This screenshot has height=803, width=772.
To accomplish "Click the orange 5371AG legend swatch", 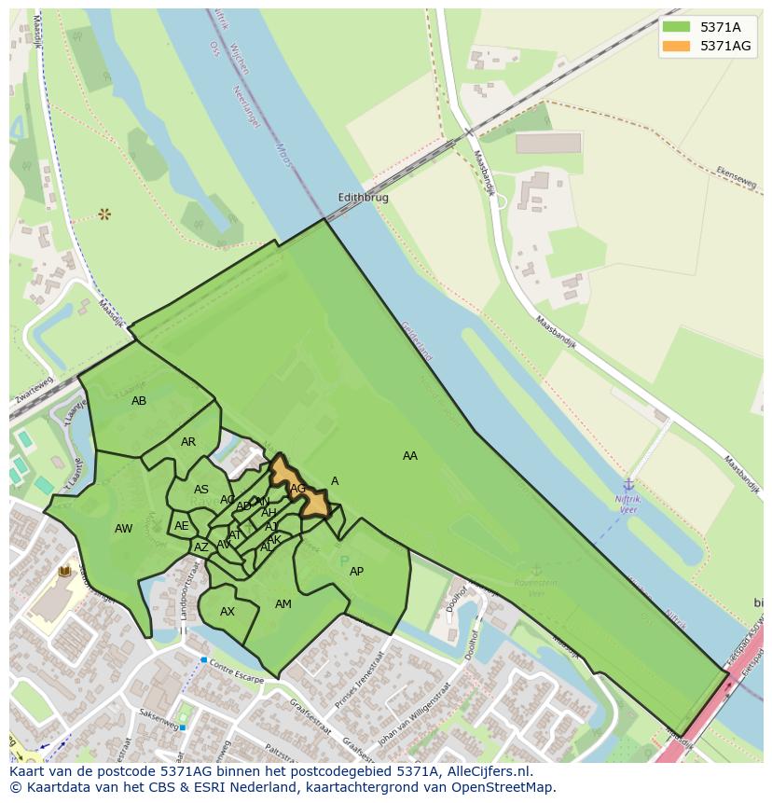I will pos(676,46).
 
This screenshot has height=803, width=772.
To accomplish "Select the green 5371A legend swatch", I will pos(676,27).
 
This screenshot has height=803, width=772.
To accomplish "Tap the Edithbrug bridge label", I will pos(363,198).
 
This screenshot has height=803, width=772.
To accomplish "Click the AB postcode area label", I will pos(139,401).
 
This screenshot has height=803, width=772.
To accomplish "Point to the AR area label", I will pos(188,442).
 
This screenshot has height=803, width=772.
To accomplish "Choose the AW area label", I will pos(123,529).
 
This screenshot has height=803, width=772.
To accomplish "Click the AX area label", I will pos(227,612).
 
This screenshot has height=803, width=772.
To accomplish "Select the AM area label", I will pos(283,604).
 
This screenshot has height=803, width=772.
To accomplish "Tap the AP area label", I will pos(356,572).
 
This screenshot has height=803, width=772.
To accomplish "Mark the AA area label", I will pos(410,456).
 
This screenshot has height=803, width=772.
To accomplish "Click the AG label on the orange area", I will pos(298,488).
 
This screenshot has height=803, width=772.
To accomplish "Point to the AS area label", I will pos(201,490).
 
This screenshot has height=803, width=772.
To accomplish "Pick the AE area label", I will pos(182,526).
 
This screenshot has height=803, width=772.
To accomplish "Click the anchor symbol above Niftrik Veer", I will pos(628,484).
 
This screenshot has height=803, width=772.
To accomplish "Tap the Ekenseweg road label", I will pos(736,178).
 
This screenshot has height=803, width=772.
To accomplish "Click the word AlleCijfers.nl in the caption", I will pos(485,771).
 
